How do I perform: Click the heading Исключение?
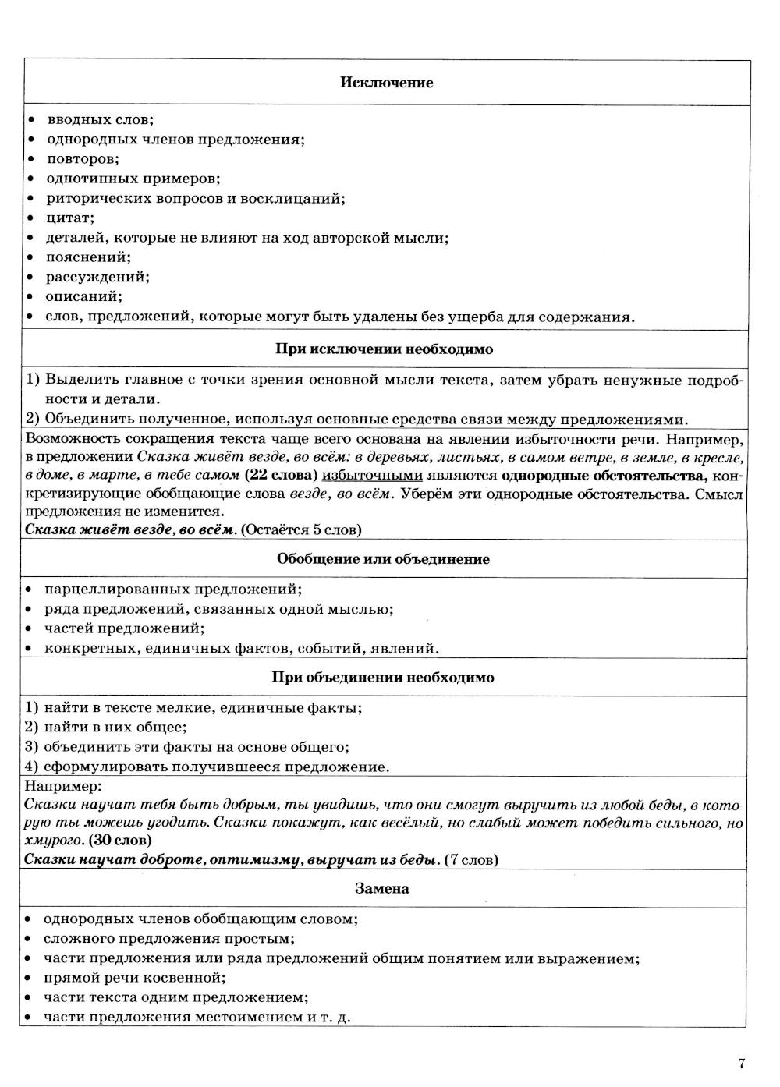pos(386,83)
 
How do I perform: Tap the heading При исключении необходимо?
pos(384,349)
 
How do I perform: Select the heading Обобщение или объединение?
pos(383,559)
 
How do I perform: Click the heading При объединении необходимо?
pos(382,678)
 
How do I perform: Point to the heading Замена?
pos(381,889)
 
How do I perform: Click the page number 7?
pos(741,1064)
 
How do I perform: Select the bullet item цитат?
pos(69,218)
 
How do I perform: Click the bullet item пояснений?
pos(88,257)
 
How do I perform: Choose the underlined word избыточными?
pos(372,475)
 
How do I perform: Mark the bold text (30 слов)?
pos(120,841)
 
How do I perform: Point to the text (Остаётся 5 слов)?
pos(301,530)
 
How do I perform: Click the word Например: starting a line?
pos(63,786)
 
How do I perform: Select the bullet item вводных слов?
pos(100,120)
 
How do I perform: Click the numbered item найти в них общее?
pos(115,728)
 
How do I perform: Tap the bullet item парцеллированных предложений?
pos(172,590)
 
